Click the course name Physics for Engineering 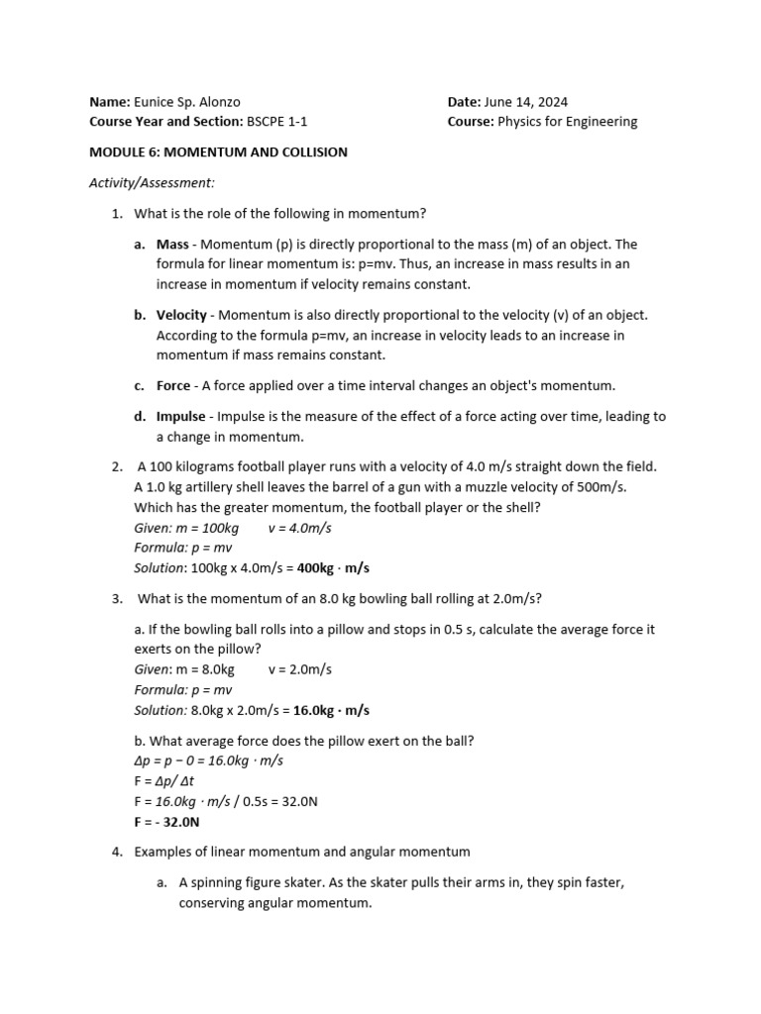point(567,122)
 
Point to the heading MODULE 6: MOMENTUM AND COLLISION point(218,152)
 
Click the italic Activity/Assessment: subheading point(152,183)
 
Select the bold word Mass point(172,245)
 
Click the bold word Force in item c point(173,386)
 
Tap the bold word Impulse point(181,417)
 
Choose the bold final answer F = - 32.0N point(166,822)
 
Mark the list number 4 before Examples point(116,852)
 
